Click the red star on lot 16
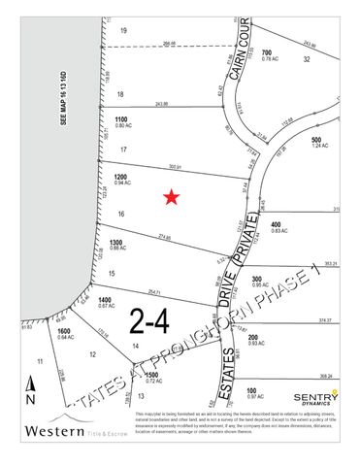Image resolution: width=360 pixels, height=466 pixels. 172,198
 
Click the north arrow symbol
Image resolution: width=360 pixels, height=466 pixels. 30,393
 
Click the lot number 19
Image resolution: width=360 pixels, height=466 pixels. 123,32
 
